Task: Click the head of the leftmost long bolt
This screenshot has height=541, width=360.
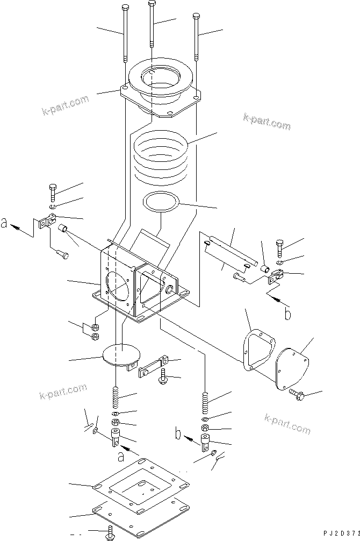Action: pos(125,7)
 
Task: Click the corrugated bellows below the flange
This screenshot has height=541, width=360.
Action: pos(161,153)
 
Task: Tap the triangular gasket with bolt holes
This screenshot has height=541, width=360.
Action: pos(257,350)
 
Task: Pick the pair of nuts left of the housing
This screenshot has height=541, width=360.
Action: pos(94,331)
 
